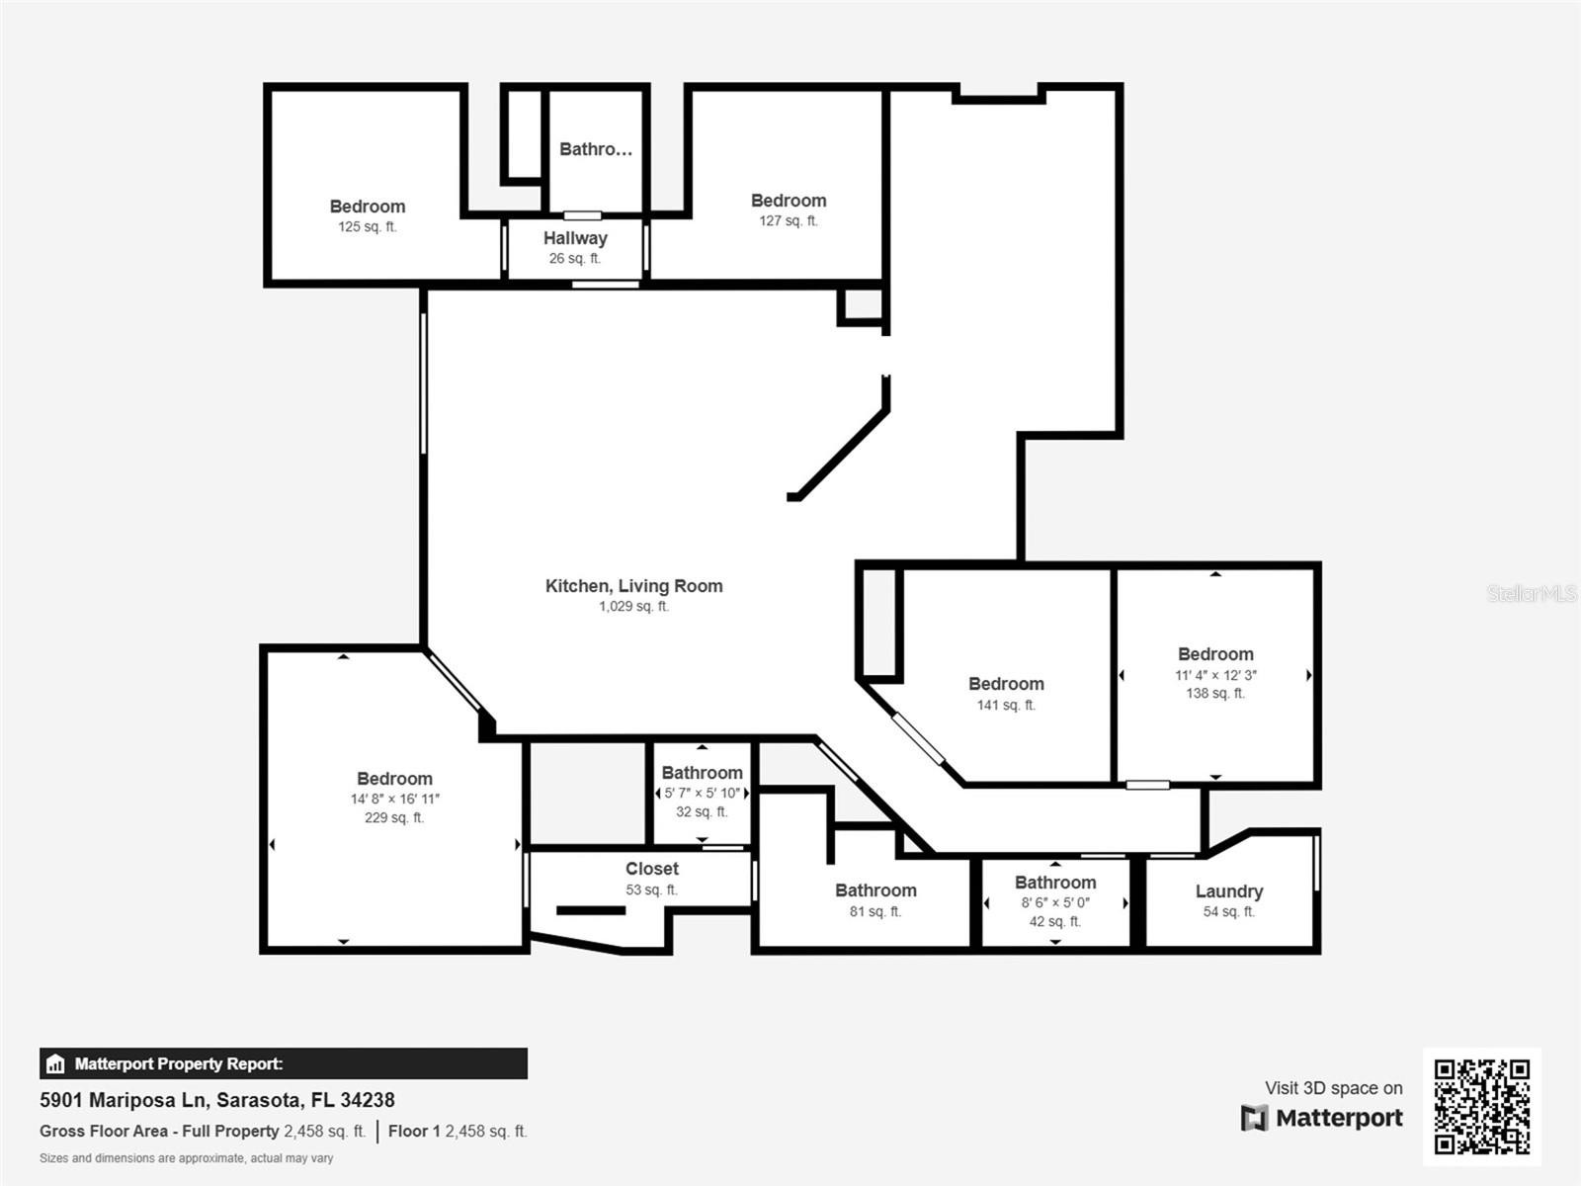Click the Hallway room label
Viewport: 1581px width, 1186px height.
click(x=575, y=237)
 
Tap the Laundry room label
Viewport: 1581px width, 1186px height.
click(x=1229, y=890)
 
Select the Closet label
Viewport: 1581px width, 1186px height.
click(x=652, y=869)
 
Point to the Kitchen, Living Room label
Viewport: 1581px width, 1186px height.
click(x=633, y=586)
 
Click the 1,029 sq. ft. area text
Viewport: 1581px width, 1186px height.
click(x=633, y=606)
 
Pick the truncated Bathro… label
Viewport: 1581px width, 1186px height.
click(x=596, y=149)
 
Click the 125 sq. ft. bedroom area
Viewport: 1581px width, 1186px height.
click(x=368, y=227)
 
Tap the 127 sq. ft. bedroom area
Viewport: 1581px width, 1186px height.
click(x=789, y=221)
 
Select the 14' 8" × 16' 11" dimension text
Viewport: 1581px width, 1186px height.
click(x=394, y=799)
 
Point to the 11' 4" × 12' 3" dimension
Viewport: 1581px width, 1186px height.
click(x=1215, y=675)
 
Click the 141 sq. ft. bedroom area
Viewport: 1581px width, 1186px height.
click(x=1006, y=705)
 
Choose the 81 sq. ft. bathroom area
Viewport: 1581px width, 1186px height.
click(x=875, y=911)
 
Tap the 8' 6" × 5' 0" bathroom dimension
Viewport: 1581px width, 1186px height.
click(x=1055, y=902)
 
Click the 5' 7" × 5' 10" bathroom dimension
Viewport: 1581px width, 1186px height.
click(x=703, y=793)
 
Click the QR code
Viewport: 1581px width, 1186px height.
click(x=1481, y=1107)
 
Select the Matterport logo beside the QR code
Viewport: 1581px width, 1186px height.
click(x=1322, y=1118)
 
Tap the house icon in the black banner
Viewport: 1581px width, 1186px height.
click(x=55, y=1063)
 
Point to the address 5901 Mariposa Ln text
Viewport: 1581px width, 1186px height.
click(x=124, y=1100)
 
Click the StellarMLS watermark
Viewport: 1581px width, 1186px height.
click(x=1532, y=593)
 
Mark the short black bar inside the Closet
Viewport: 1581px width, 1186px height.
click(x=591, y=911)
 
